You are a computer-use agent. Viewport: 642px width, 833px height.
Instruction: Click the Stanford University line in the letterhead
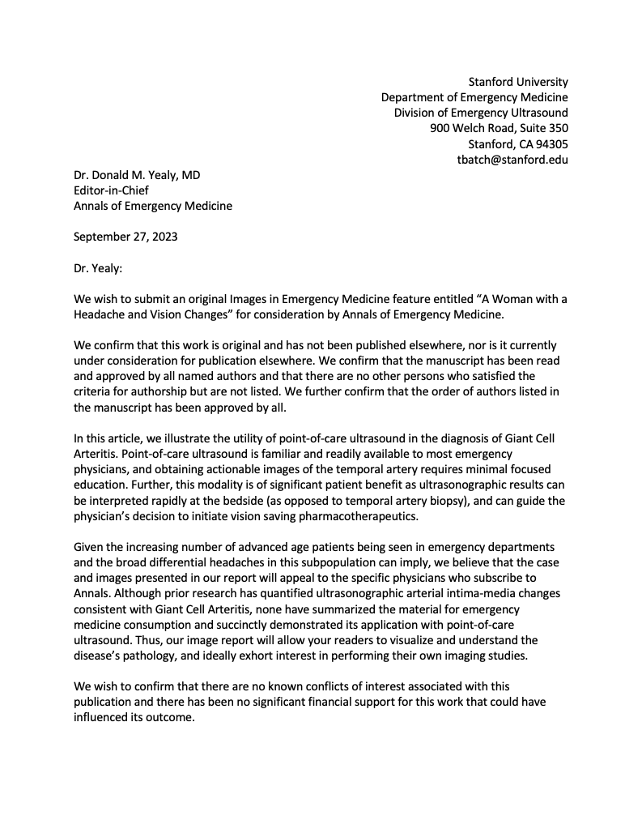[x=518, y=82]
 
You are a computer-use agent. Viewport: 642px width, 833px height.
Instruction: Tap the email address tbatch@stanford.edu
[x=512, y=160]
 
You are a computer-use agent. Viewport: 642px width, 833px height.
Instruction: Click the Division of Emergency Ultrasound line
[x=481, y=113]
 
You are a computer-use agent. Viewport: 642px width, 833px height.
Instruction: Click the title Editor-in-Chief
[x=111, y=190]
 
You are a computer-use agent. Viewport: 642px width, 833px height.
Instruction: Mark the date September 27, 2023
[x=125, y=237]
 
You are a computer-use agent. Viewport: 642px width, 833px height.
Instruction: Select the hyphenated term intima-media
[x=484, y=593]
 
